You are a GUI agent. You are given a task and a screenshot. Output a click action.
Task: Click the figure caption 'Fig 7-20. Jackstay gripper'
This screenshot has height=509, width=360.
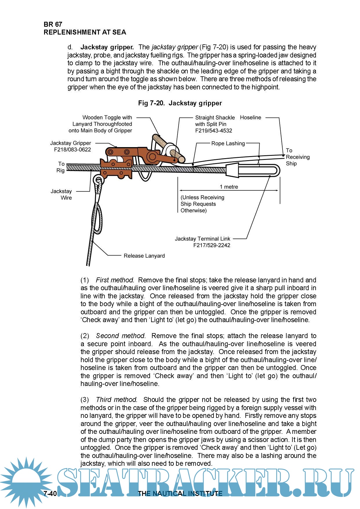[180, 103]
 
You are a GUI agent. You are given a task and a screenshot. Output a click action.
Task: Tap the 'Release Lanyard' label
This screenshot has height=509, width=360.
[144, 256]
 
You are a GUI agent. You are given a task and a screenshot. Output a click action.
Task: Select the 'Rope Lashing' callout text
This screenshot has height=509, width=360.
[228, 143]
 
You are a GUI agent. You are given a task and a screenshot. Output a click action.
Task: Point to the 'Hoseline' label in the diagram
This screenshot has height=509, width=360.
[250, 118]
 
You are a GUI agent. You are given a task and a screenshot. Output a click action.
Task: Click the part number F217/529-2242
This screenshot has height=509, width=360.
[212, 245]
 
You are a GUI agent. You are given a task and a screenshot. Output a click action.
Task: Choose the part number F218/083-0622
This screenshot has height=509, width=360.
[73, 150]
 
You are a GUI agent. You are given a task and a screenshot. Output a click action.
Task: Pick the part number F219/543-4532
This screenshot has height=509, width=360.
[214, 131]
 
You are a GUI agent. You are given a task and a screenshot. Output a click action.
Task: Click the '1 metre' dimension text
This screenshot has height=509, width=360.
[229, 187]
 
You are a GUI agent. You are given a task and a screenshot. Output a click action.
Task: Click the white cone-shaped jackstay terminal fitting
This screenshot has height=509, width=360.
[232, 170]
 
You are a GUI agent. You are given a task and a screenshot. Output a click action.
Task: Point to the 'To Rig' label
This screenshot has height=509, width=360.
[61, 167]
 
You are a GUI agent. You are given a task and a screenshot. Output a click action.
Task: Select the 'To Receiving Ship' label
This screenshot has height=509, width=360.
[297, 157]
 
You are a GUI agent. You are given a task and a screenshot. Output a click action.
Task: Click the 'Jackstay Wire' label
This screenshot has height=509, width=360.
[61, 194]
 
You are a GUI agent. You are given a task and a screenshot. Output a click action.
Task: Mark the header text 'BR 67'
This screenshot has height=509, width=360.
[53, 24]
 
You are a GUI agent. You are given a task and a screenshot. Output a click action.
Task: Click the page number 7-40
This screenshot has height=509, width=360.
[50, 493]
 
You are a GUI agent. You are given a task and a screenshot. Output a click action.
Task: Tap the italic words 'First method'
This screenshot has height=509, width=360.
[115, 280]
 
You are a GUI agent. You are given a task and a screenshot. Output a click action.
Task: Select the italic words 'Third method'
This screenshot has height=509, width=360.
[116, 400]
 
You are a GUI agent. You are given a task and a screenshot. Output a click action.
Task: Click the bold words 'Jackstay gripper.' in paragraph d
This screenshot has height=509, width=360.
[107, 47]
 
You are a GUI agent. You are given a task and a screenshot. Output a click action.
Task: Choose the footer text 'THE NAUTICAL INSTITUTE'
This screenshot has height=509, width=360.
[180, 493]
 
